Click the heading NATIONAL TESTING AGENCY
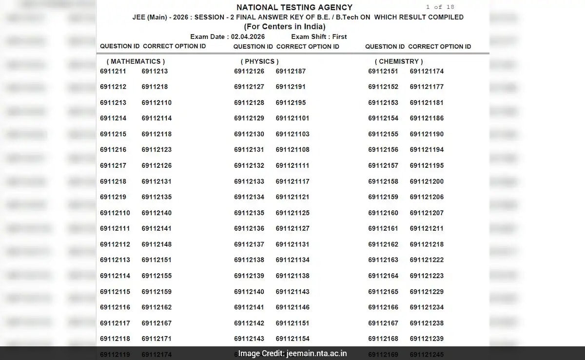click(294, 7)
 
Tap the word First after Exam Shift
click(339, 37)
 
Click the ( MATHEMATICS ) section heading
click(136, 61)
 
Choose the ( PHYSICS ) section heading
click(259, 61)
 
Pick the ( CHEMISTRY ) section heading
click(398, 61)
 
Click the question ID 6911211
click(113, 71)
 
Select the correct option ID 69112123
click(156, 150)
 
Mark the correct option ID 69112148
click(156, 244)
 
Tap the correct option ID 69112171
click(156, 339)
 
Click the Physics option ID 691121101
click(292, 118)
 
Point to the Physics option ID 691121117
click(292, 181)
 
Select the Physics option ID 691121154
click(292, 339)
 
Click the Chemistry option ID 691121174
click(427, 71)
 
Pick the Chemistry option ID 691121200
click(427, 181)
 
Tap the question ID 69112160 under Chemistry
click(383, 213)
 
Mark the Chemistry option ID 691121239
click(427, 339)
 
